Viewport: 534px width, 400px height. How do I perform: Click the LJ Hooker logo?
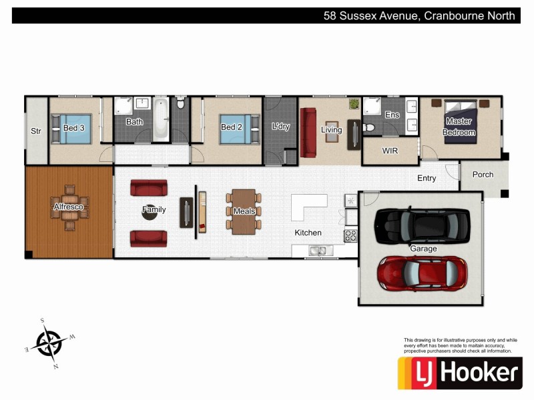coord(460,373)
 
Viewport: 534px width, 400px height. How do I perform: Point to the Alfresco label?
coord(68,208)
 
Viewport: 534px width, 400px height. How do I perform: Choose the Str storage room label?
coord(36,131)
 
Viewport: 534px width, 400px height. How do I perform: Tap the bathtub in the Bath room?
coord(161,120)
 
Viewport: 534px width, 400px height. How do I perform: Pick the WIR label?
coord(390,151)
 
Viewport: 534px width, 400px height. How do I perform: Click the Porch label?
coord(483,175)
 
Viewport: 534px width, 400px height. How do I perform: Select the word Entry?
coord(427,178)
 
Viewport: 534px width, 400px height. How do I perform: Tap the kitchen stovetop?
coord(350,235)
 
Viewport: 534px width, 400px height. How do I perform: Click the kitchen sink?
coord(318,251)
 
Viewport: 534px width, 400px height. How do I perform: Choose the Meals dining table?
coord(244,211)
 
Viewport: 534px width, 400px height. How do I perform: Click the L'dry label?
coord(281,127)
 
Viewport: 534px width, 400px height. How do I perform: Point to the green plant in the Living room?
coord(354,104)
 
